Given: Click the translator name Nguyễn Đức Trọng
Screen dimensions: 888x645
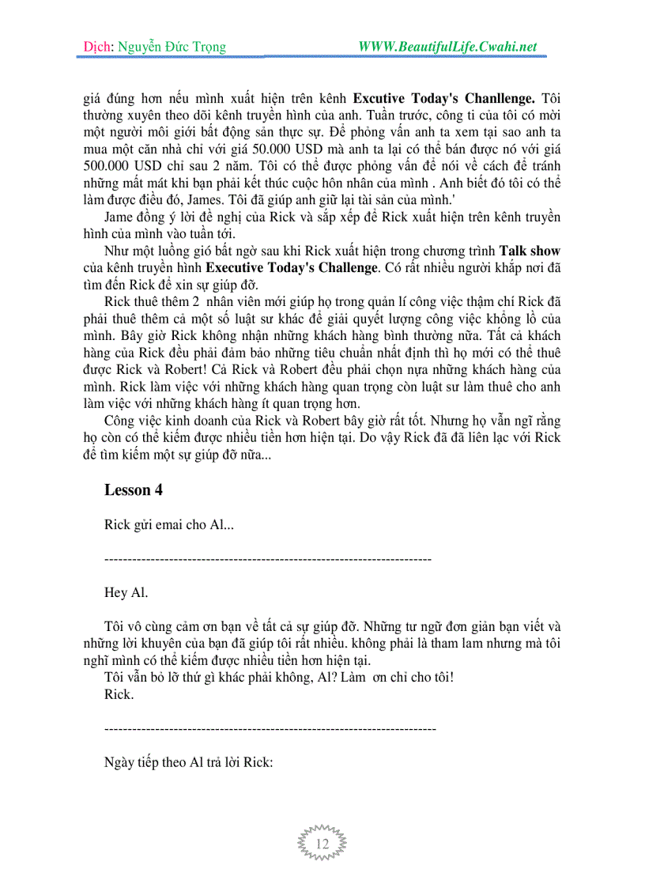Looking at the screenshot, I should pos(172,47).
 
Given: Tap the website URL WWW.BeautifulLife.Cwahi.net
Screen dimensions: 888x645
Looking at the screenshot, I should pos(447,47).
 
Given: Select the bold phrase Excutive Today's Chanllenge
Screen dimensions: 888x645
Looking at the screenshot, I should pos(443,99).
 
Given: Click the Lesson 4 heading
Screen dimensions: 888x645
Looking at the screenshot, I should pos(133,489).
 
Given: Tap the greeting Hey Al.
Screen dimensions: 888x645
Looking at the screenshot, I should pos(126,592).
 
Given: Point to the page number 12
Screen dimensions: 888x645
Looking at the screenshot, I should pos(322,845).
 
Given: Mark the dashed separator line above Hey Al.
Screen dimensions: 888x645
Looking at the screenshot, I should pos(267,559).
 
